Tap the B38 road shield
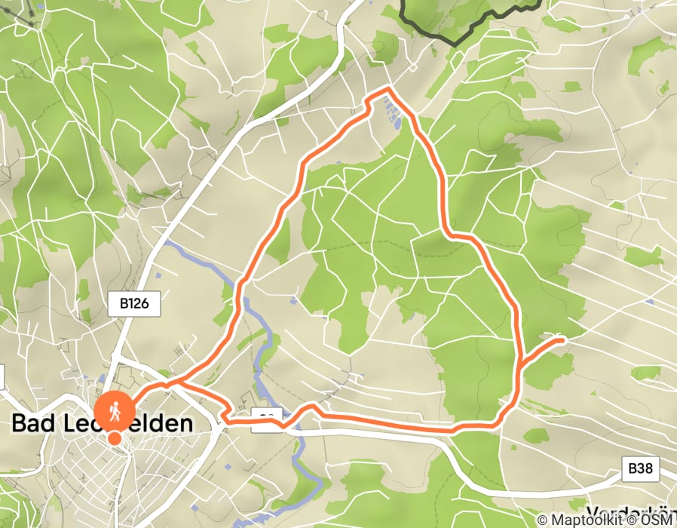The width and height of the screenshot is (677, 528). point(640,468)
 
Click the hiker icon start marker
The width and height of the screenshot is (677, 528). point(114,412)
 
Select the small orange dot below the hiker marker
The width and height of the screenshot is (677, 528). point(114,438)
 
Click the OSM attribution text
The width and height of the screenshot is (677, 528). point(660,520)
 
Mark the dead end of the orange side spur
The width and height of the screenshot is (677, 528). point(562,340)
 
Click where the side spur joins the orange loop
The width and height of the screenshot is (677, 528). point(519,369)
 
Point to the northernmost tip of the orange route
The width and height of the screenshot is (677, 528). point(388,90)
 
